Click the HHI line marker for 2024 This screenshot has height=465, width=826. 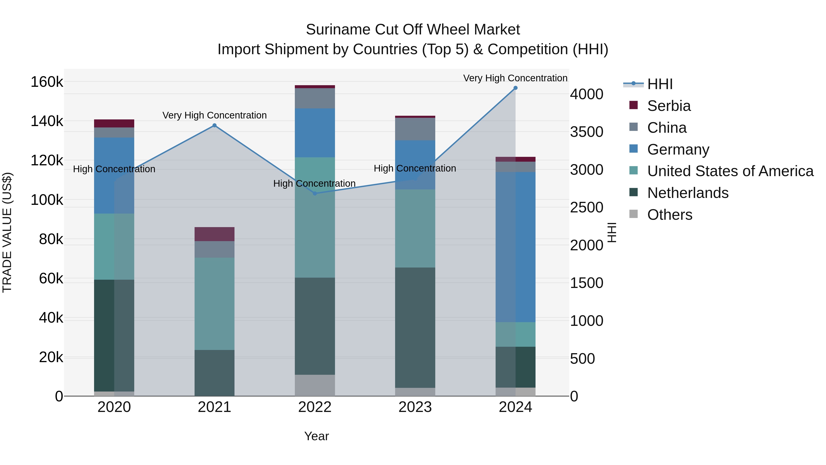click(x=515, y=88)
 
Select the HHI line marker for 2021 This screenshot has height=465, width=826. click(x=215, y=125)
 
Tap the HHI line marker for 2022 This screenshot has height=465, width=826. click(x=315, y=194)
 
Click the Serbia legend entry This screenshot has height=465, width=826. click(x=669, y=106)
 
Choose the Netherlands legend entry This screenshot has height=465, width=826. click(x=687, y=193)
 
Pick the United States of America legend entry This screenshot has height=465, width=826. click(x=730, y=171)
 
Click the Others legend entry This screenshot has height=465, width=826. click(x=670, y=215)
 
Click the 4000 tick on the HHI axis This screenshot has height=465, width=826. click(x=586, y=94)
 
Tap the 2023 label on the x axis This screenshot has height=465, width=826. click(x=415, y=407)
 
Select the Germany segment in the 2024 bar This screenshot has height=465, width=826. click(x=515, y=247)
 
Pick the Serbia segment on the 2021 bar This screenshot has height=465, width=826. click(x=215, y=234)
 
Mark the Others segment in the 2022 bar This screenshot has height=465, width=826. click(x=315, y=385)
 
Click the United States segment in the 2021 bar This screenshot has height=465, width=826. click(x=215, y=304)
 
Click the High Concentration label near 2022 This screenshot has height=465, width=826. click(x=314, y=183)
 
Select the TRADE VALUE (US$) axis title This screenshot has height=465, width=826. click(x=7, y=232)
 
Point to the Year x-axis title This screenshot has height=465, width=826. click(x=316, y=436)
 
